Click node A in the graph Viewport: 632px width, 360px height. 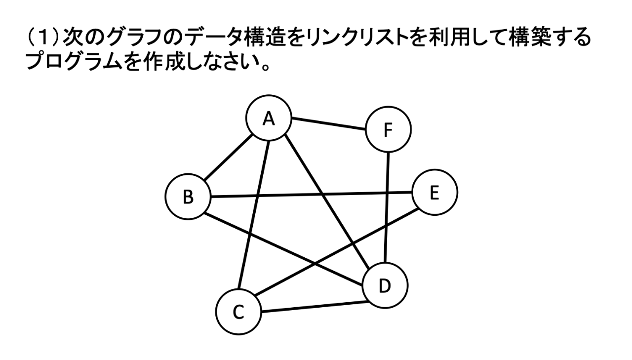[x=269, y=119]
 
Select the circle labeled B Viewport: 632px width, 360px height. [x=188, y=198]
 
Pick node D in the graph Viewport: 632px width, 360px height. [x=385, y=285]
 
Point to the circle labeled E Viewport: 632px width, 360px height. [x=434, y=193]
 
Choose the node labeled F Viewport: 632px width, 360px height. [x=388, y=131]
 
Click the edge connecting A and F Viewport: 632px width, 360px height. [x=328, y=124]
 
